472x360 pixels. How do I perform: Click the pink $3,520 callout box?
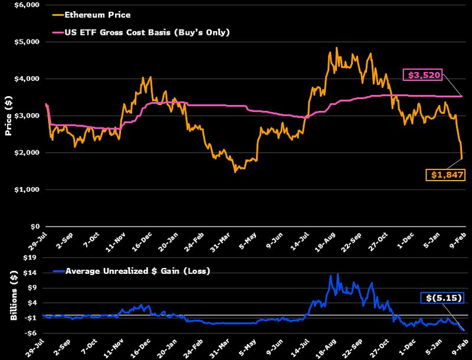pos(422,75)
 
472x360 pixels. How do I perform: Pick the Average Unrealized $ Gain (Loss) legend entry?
pos(137,271)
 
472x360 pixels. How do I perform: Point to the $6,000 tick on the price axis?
pos(27,5)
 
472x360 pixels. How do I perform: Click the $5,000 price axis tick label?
pos(27,42)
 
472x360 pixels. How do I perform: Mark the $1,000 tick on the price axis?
pos(27,189)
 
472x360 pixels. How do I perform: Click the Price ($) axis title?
pos(9,116)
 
